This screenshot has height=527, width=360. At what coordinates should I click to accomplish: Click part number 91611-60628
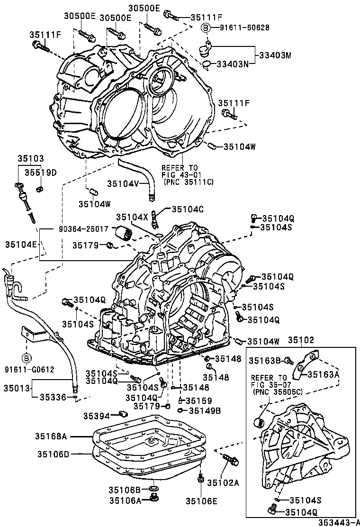244,27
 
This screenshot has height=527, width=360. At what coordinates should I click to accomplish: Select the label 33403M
275,55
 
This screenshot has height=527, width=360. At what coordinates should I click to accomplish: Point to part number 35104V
123,183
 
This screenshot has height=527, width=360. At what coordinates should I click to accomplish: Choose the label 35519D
41,172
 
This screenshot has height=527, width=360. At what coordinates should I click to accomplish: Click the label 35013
16,388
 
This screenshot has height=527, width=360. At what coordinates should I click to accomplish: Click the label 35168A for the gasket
51,436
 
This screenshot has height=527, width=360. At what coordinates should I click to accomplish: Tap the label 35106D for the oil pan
54,454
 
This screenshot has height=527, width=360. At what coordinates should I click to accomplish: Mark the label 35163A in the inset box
325,374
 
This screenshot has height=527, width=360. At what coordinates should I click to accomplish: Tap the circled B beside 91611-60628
206,27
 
